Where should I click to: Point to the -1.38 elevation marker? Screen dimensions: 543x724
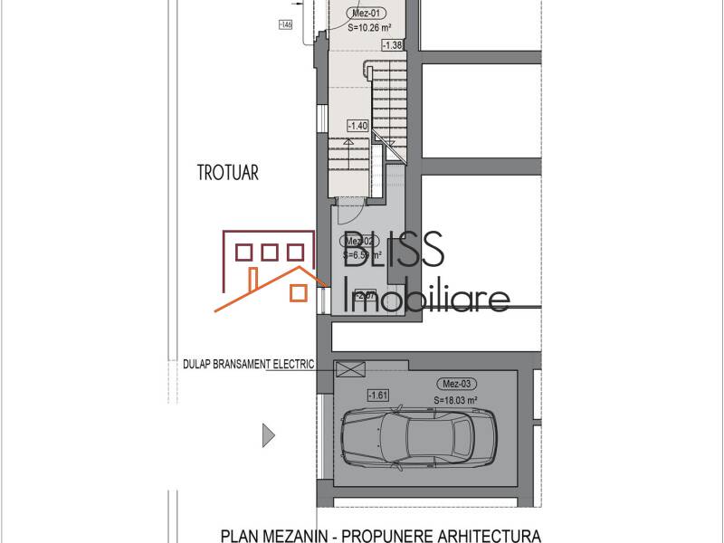[392, 44]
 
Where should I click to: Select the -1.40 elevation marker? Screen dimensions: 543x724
[357, 126]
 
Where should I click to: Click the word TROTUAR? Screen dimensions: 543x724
[227, 173]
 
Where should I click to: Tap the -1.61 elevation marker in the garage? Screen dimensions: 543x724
[377, 395]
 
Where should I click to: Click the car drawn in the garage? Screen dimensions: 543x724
[417, 436]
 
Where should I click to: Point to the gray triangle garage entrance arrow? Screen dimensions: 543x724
[268, 435]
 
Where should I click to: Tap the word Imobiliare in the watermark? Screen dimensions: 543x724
[429, 296]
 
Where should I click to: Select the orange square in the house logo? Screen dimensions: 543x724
[297, 291]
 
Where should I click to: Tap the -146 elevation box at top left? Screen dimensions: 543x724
[288, 24]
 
